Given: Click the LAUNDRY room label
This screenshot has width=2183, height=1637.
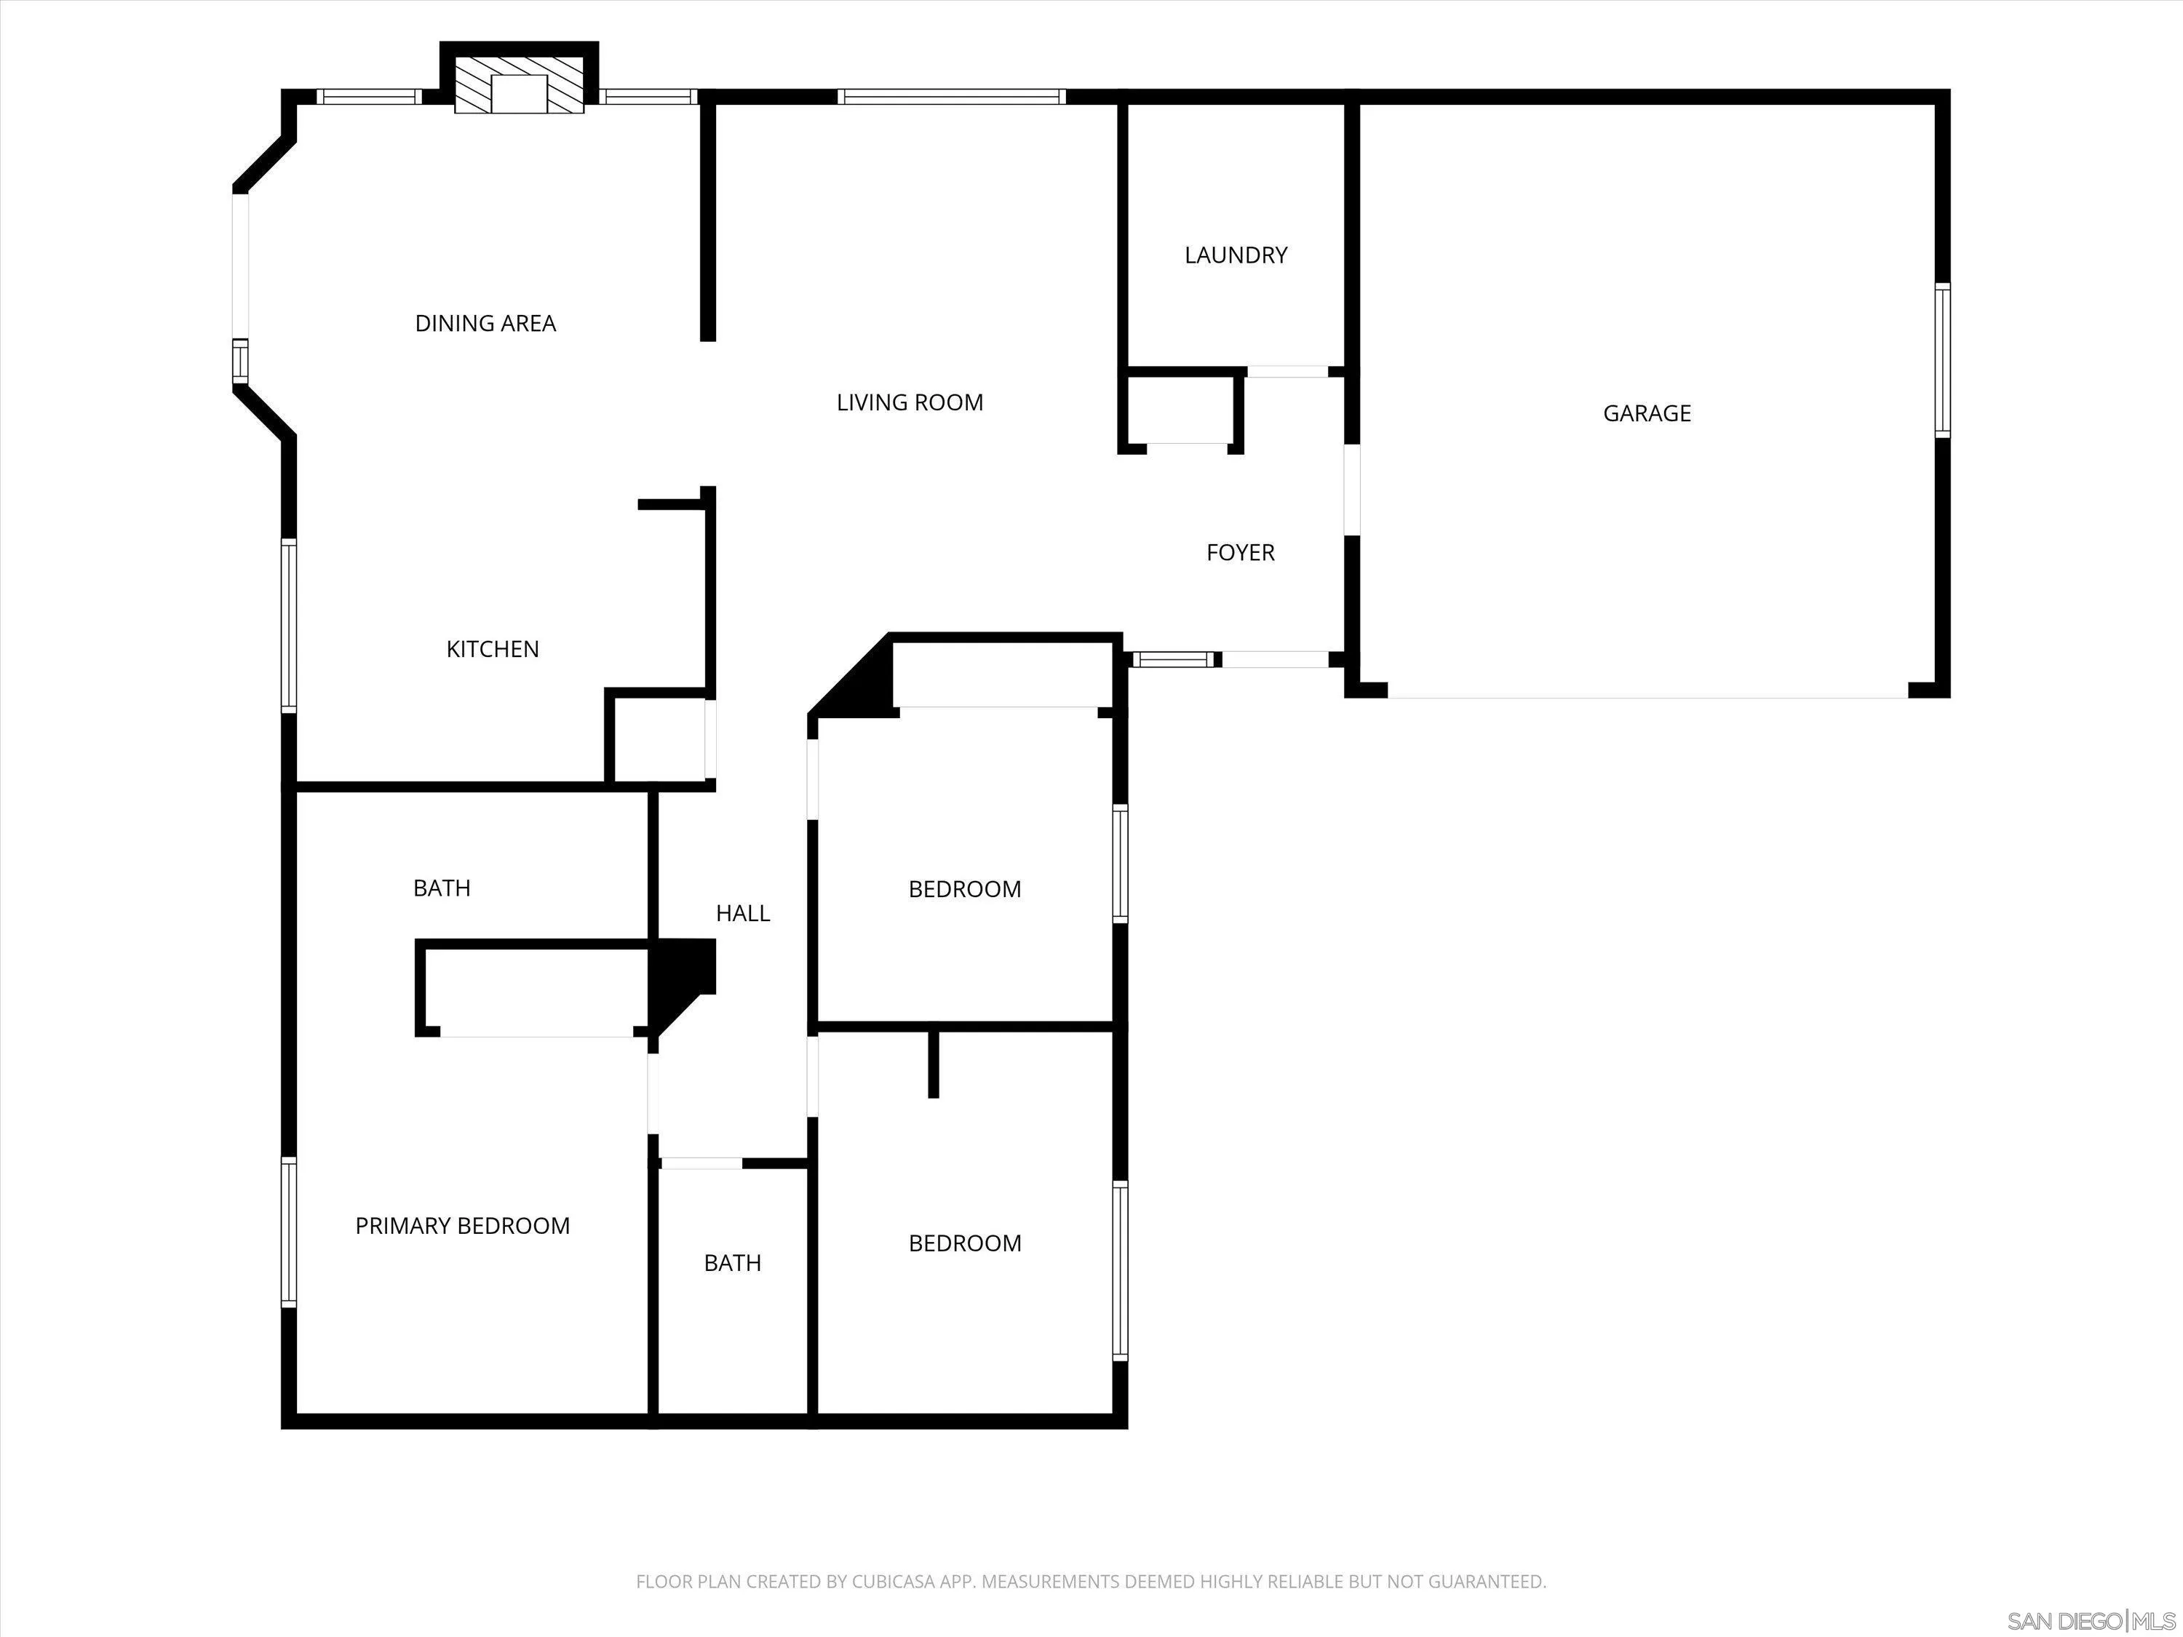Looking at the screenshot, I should [1236, 255].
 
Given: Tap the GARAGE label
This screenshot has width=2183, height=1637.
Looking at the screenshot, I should [1646, 413].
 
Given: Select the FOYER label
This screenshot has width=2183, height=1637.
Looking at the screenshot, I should [1239, 552].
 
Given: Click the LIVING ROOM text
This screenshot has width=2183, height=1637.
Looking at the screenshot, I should [909, 402].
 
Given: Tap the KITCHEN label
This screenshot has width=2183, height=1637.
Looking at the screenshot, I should [493, 649].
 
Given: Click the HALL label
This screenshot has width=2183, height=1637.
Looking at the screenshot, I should [742, 914].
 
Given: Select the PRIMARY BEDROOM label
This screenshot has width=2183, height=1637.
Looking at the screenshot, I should [462, 1225].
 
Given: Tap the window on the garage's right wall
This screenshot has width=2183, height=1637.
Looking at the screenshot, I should [1941, 360].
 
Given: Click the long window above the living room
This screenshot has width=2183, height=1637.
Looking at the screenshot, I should [951, 97].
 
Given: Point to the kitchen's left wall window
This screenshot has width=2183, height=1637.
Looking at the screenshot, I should [289, 626].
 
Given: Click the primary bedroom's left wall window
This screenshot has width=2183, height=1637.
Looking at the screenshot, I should [289, 1232].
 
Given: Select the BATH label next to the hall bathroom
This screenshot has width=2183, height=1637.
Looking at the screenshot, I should [732, 1263].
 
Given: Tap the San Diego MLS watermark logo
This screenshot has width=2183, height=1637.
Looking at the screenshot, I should [2091, 1621].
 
